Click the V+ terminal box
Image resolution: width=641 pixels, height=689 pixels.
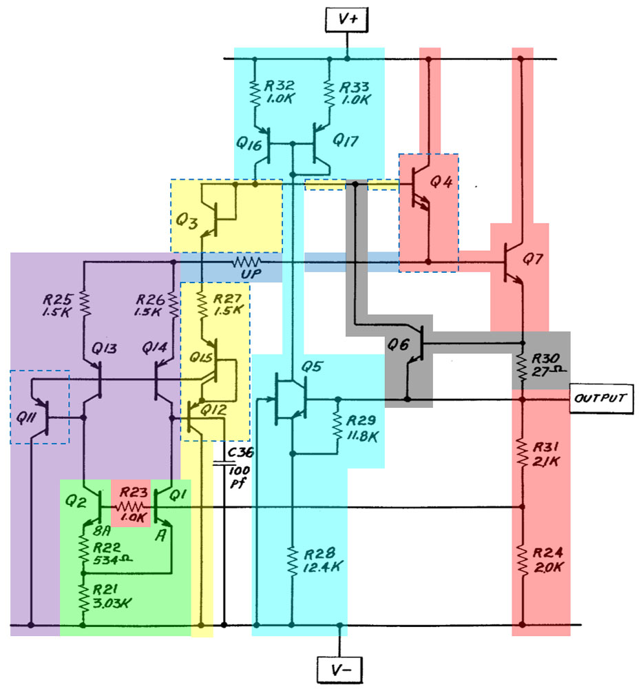[x=348, y=20]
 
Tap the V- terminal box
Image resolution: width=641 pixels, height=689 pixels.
[x=339, y=668]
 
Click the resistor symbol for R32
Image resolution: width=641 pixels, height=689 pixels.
[x=255, y=92]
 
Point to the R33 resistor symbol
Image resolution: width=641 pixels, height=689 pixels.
[x=330, y=92]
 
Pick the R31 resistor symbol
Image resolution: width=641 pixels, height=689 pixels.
[x=522, y=452]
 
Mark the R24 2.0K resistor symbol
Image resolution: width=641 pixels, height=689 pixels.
[x=522, y=562]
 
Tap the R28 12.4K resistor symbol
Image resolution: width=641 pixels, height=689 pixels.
[x=293, y=562]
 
